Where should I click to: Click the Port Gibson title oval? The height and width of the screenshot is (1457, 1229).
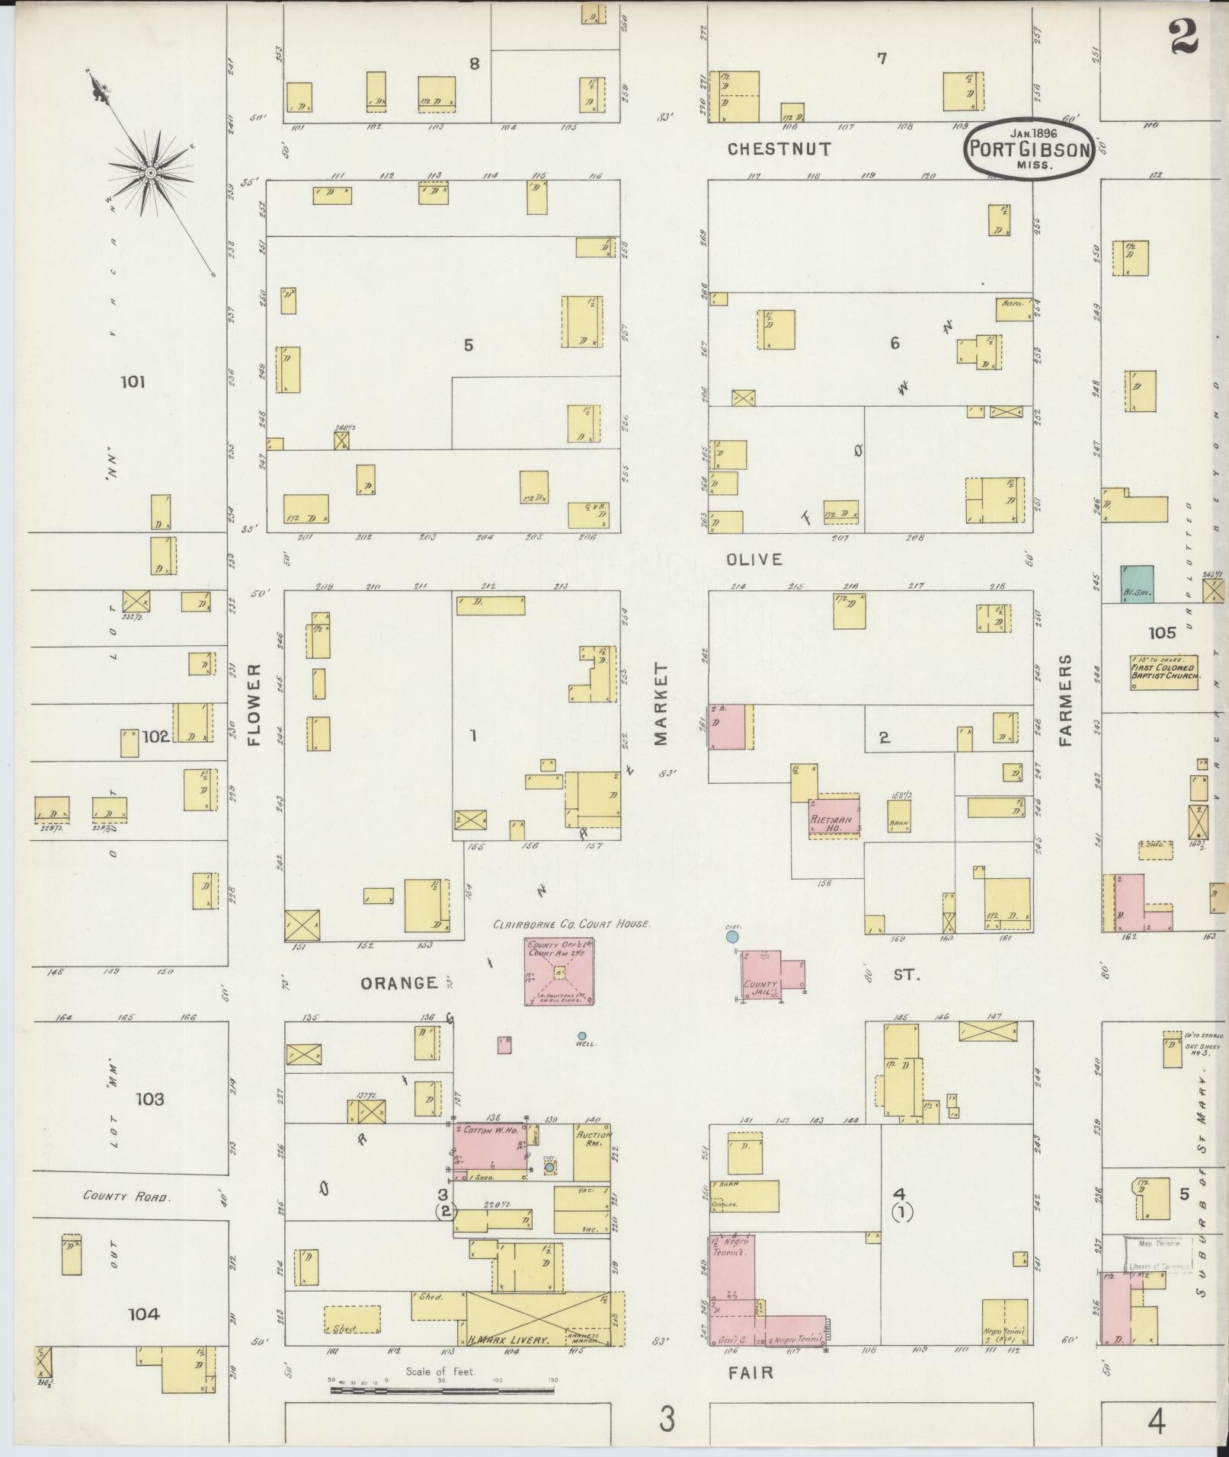1030,149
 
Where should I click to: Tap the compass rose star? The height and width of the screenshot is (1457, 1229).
151,174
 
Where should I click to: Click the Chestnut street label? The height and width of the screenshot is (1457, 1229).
779,149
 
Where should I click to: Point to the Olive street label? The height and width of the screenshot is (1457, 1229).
754,559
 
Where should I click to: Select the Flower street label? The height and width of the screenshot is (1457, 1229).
254,703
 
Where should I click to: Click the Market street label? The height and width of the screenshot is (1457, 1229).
660,703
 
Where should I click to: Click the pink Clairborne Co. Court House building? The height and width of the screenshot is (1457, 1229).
558,971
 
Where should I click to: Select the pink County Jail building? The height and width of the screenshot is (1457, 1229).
762,974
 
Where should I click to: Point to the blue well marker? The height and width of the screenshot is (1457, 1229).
582,1036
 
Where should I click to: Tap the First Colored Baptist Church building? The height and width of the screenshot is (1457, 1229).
1164,671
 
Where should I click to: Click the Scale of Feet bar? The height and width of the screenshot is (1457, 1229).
442,1390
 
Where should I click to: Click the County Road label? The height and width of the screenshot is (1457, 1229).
126,1197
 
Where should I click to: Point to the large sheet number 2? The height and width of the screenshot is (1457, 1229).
1186,37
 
